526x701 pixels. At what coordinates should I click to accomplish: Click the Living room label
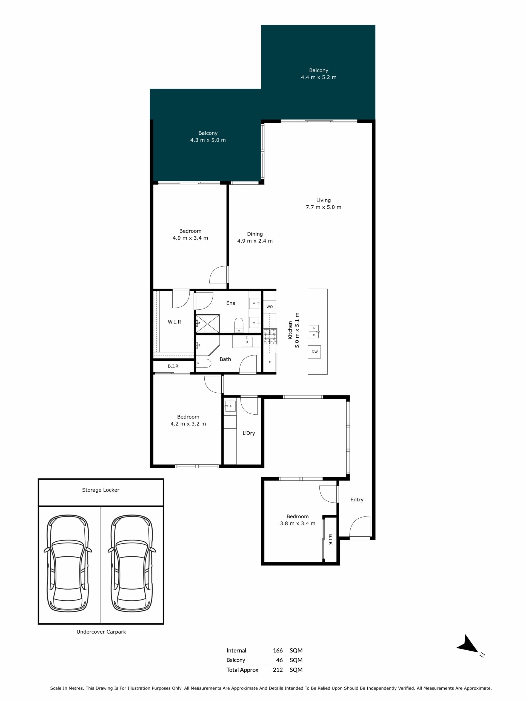(323, 203)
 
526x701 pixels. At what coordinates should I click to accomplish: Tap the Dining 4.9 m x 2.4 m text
(255, 237)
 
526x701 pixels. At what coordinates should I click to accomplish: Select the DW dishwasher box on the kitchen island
(314, 352)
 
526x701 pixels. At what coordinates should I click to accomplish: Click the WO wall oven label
(270, 307)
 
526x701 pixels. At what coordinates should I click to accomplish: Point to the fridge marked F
(270, 363)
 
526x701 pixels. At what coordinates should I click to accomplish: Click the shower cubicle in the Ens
(208, 324)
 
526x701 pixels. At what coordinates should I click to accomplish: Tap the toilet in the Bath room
(204, 363)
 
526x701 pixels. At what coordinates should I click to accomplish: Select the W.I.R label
(175, 322)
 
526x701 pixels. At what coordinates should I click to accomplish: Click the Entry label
(357, 500)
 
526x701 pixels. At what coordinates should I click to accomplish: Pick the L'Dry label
(248, 433)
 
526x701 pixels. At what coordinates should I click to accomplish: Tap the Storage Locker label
(101, 490)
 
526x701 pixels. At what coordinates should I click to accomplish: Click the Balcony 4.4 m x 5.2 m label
(319, 73)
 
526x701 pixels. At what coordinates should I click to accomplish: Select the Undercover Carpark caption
(101, 632)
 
